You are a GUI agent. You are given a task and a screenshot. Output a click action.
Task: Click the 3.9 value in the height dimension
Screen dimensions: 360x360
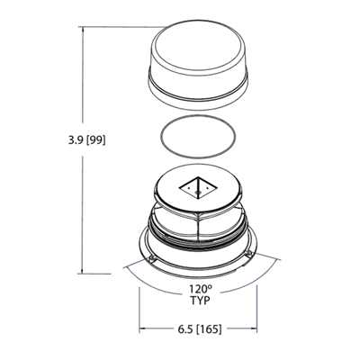pos(76,140)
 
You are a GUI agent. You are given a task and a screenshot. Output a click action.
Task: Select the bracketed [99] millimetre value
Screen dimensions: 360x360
pos(95,140)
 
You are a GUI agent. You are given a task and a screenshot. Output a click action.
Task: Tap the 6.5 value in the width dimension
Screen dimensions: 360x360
pos(185,329)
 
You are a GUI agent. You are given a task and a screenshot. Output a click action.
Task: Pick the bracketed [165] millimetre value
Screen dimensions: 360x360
pos(209,329)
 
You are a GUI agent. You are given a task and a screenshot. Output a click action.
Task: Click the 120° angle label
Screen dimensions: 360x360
pos(201,289)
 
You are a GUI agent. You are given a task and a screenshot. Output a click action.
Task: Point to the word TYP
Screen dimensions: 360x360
pos(201,301)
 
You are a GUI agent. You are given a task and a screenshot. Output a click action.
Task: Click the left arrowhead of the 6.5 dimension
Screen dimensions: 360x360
pos(142,328)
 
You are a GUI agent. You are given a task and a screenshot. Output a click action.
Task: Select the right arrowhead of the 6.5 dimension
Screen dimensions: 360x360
pos(254,328)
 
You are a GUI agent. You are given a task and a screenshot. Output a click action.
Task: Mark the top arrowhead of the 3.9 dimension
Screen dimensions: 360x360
pos(83,30)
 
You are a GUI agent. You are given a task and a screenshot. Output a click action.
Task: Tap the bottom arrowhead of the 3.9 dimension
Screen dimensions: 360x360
pos(83,270)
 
